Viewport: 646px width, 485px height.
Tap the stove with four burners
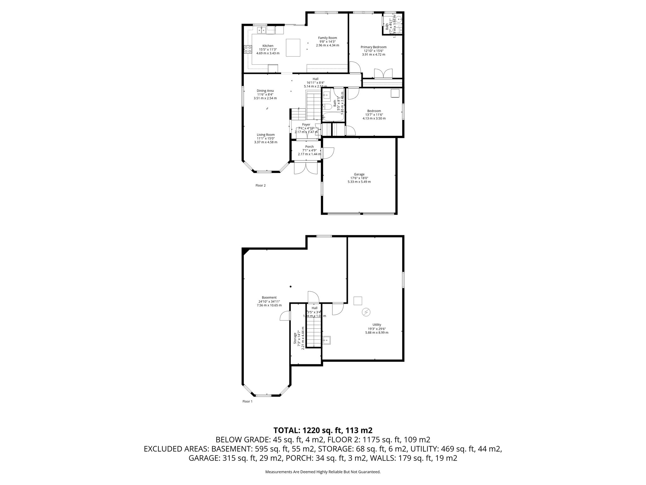coord(248,49)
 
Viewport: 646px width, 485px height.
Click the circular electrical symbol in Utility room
coord(366,312)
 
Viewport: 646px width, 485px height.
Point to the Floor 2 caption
coord(260,186)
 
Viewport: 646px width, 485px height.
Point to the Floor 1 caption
coord(247,402)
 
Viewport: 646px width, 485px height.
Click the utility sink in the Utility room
coord(327,340)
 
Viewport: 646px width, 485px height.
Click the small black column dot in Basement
coord(291,286)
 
